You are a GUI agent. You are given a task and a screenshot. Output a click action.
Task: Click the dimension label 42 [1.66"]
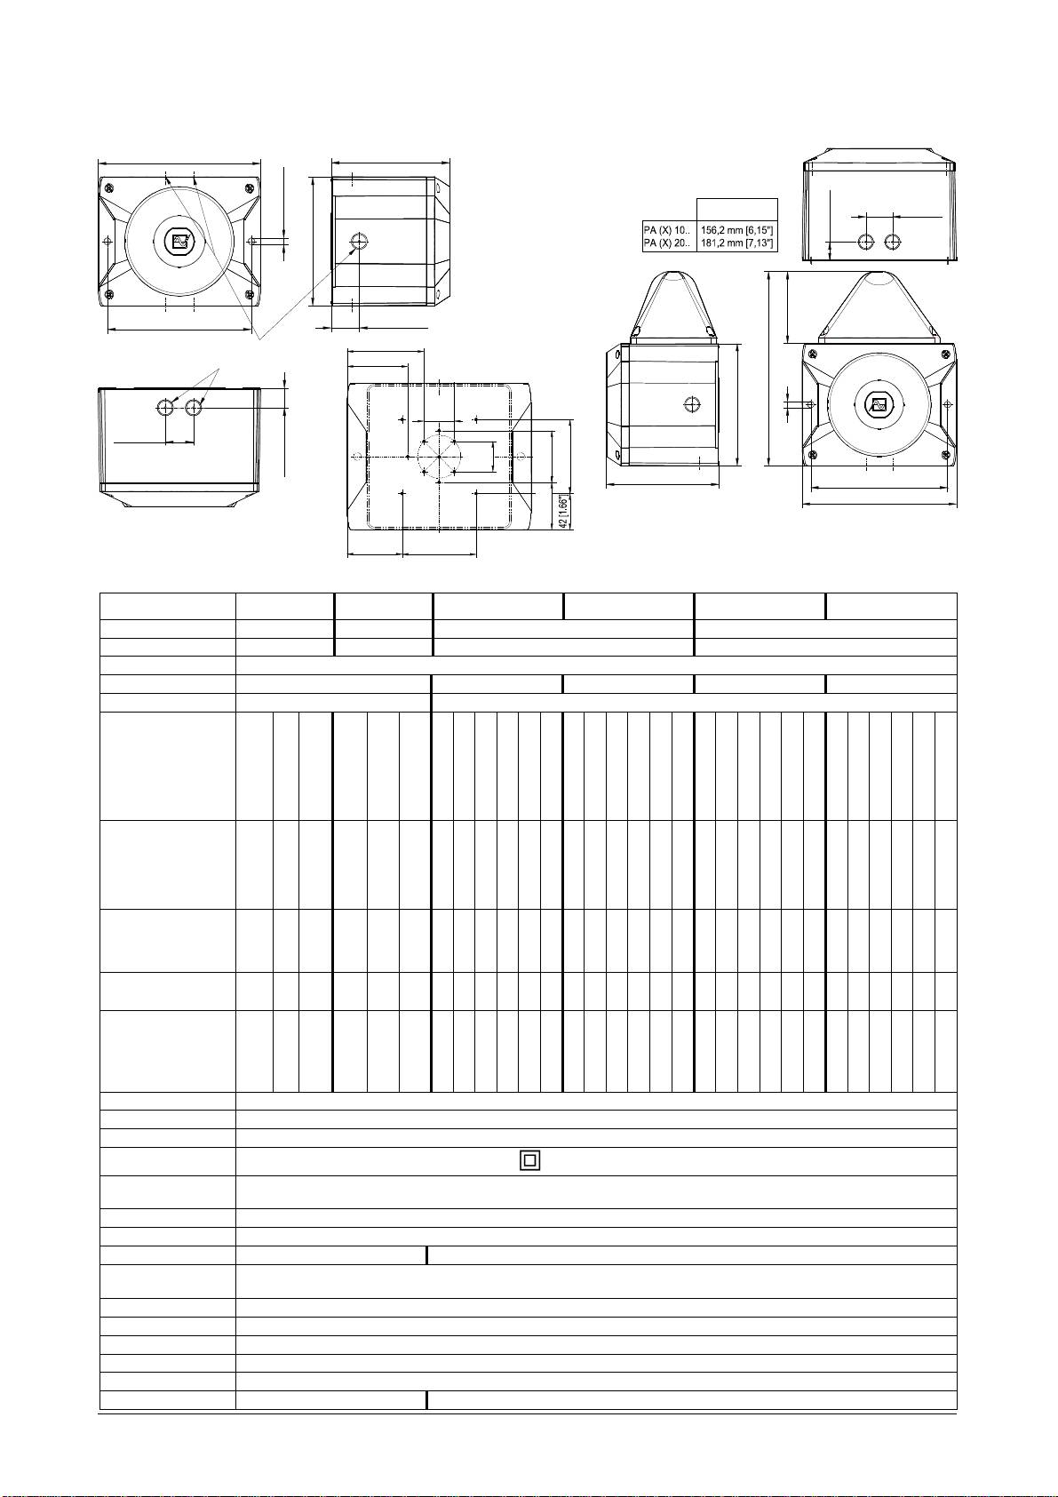tap(564, 512)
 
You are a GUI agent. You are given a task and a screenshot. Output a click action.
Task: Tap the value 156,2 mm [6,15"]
tap(737, 230)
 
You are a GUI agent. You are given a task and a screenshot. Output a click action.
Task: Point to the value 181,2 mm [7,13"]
tap(737, 243)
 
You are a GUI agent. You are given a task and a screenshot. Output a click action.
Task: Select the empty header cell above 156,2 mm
tap(737, 210)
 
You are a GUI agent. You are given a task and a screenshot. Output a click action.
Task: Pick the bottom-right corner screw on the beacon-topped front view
tap(946, 456)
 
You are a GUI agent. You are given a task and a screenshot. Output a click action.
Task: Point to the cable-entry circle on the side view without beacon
tap(359, 240)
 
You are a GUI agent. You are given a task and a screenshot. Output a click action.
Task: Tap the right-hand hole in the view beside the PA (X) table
tap(892, 242)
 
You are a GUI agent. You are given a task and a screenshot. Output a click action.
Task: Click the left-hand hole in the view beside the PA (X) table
tap(865, 242)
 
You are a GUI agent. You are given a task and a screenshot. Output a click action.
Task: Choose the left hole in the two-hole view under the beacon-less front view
tap(164, 406)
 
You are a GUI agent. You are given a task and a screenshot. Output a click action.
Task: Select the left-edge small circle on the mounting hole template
tap(358, 456)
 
